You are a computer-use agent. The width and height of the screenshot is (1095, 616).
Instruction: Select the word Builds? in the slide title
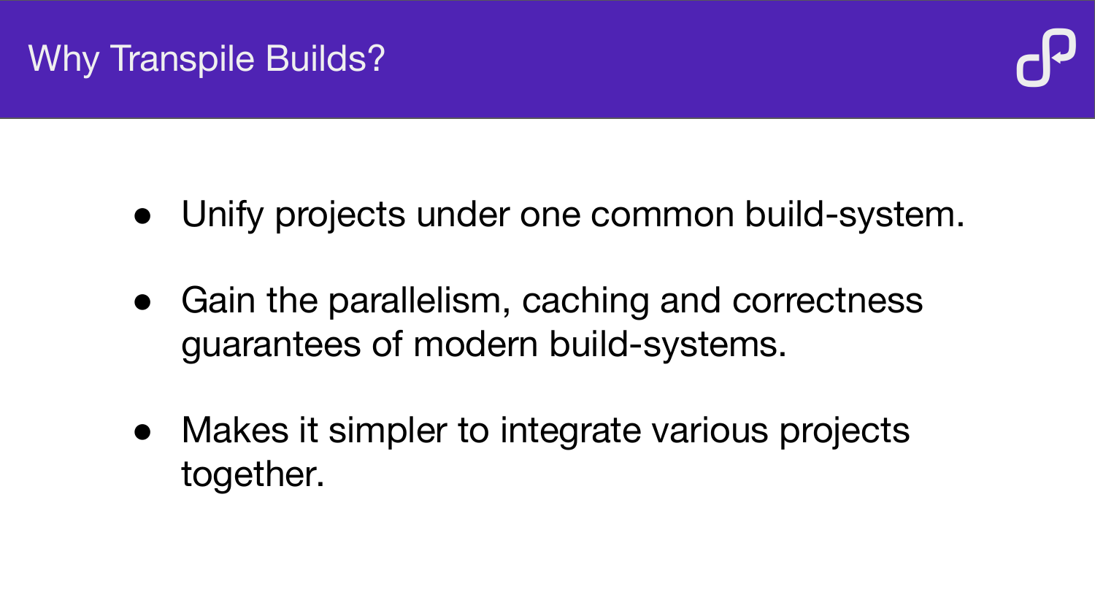(x=326, y=58)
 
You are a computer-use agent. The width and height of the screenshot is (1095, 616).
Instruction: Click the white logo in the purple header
(x=1046, y=58)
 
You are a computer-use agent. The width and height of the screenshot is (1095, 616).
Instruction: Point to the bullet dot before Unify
(x=142, y=216)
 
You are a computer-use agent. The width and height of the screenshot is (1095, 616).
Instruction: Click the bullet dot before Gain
(x=142, y=302)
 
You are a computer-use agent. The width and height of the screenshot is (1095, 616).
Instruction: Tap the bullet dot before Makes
(x=142, y=432)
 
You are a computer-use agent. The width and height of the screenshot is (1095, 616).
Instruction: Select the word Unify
(x=223, y=215)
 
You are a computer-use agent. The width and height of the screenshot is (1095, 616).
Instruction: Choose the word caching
(x=585, y=301)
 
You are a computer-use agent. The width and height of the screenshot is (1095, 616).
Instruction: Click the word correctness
(x=827, y=301)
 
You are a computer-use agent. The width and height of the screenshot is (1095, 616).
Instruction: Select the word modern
(x=475, y=344)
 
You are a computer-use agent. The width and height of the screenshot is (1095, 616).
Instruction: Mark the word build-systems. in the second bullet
(x=668, y=344)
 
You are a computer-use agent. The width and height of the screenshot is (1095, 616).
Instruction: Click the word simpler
(x=388, y=431)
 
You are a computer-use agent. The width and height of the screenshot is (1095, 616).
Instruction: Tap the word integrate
(x=570, y=431)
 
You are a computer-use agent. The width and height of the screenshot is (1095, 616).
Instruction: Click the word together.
(x=253, y=474)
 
